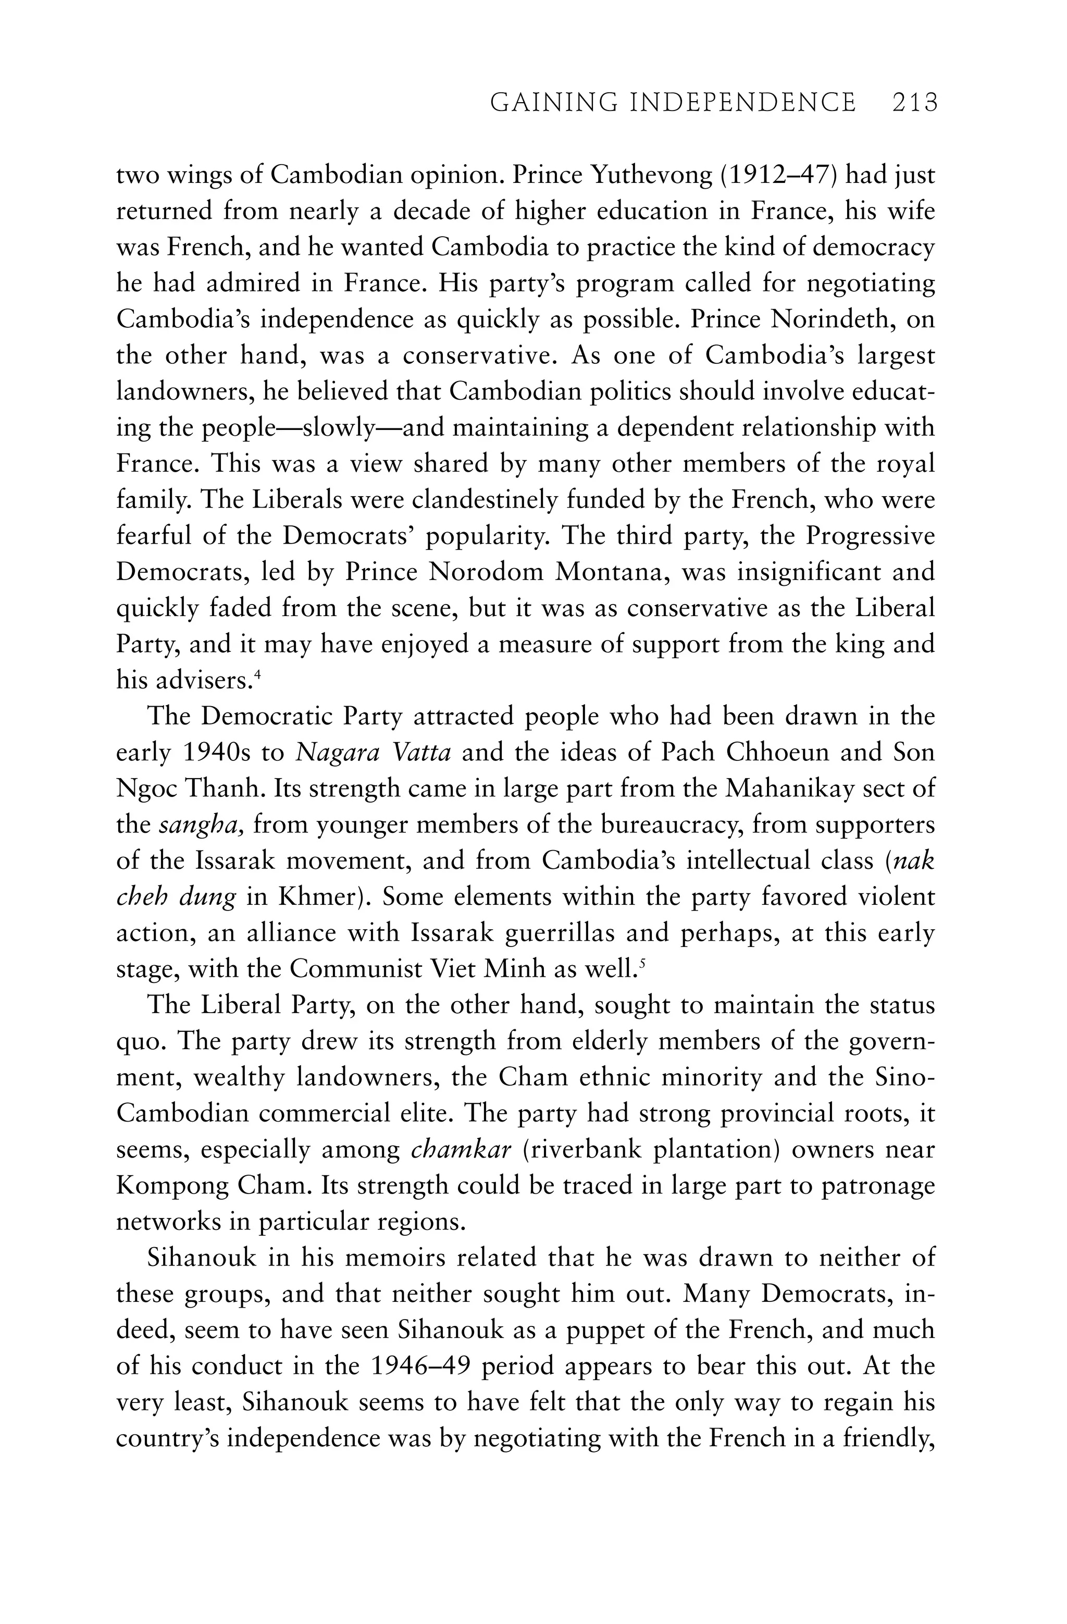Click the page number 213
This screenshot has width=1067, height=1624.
[914, 103]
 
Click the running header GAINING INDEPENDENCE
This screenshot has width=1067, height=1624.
[673, 103]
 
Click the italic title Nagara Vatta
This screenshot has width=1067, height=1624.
[373, 753]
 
